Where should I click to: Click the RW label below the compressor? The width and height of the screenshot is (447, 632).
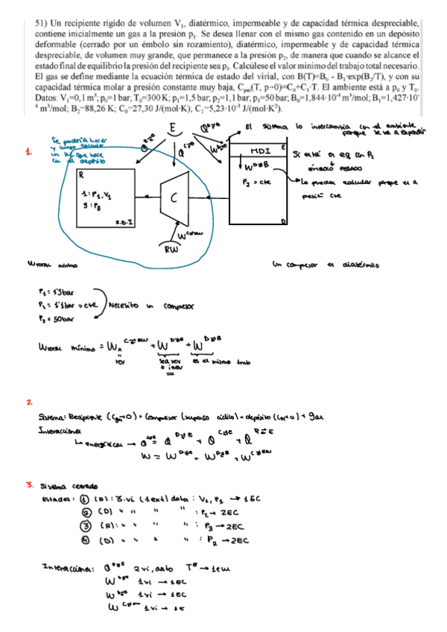tap(171, 250)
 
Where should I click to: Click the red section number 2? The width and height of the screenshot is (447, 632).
tap(28, 402)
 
